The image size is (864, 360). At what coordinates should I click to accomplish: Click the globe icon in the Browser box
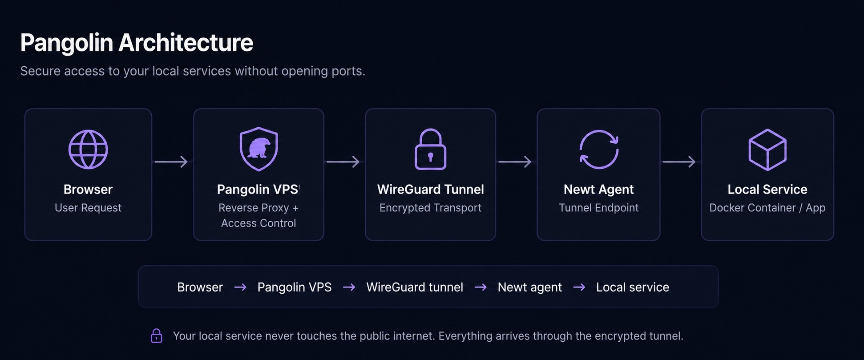click(x=88, y=150)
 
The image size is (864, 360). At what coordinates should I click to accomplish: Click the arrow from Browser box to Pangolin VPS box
click(x=171, y=162)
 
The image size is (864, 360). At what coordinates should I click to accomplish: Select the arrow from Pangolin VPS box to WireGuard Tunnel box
click(x=343, y=162)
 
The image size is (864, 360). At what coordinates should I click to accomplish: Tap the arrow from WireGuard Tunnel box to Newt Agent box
click(x=515, y=162)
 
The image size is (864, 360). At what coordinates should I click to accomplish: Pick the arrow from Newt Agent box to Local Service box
click(x=679, y=162)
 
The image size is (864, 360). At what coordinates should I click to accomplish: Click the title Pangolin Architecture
click(x=137, y=43)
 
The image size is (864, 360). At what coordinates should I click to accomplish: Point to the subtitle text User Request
click(x=88, y=208)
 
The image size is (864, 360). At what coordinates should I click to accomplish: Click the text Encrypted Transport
click(x=430, y=208)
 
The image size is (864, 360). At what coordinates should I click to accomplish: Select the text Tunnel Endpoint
click(x=598, y=208)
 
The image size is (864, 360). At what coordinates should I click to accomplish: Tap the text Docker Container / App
click(x=767, y=208)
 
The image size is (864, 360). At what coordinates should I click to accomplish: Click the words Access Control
click(x=258, y=223)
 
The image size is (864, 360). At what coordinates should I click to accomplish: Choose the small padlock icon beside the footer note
click(x=157, y=336)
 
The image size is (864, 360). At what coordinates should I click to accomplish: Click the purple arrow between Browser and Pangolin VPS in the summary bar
click(x=240, y=287)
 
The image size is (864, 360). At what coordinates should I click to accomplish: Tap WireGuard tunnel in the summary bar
click(x=415, y=287)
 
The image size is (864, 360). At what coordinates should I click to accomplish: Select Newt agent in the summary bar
click(x=529, y=287)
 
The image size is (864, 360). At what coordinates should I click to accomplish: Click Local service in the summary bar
click(x=633, y=287)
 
